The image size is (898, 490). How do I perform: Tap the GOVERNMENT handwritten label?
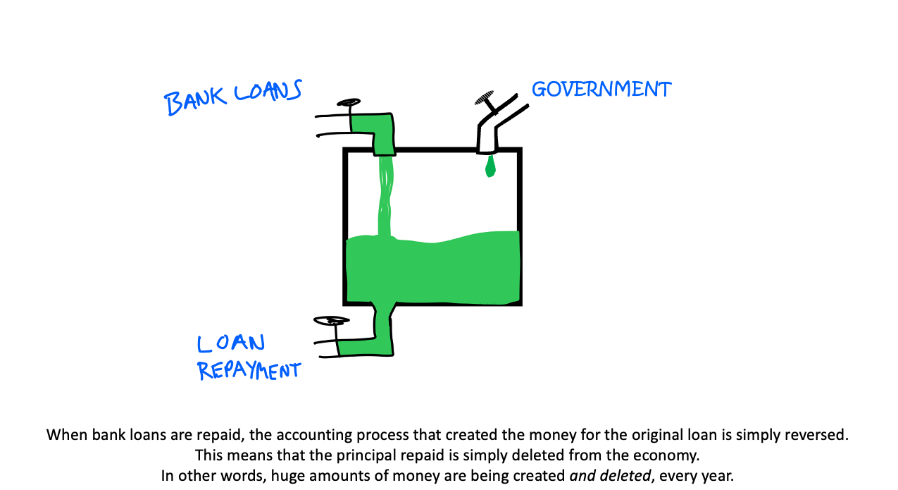tap(601, 90)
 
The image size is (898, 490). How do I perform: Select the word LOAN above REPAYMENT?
tap(231, 343)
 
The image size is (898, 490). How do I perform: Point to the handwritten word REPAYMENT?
tap(249, 370)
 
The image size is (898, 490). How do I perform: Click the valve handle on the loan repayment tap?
tap(331, 321)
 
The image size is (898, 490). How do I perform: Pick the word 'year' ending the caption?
tap(718, 476)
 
